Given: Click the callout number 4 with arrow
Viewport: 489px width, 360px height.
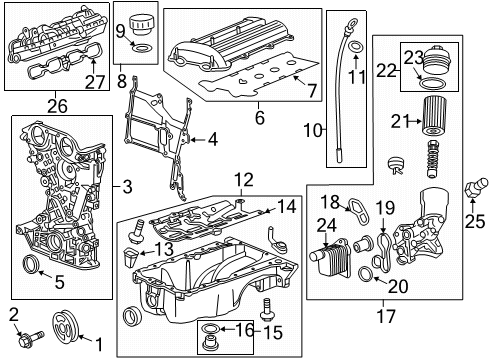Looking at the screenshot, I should (x=211, y=140).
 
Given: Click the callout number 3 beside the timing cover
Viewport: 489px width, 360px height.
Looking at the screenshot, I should (x=127, y=186).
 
